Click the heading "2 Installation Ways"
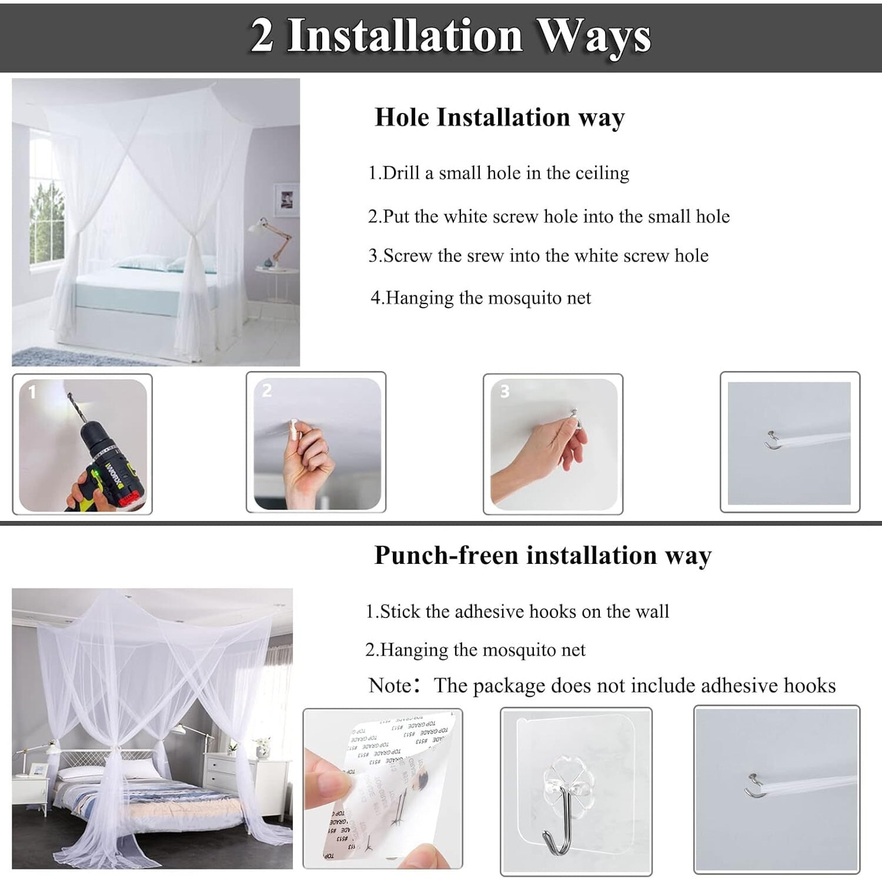[x=451, y=36]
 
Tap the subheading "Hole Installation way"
[x=500, y=118]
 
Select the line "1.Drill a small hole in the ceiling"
[x=499, y=173]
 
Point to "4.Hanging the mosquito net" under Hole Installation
[x=480, y=298]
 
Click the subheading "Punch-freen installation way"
[x=543, y=556]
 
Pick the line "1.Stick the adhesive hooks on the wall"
[x=517, y=612]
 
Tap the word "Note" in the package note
[x=390, y=686]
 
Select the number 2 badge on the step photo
[x=267, y=391]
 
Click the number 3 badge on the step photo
[x=505, y=392]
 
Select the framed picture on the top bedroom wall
[x=286, y=200]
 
